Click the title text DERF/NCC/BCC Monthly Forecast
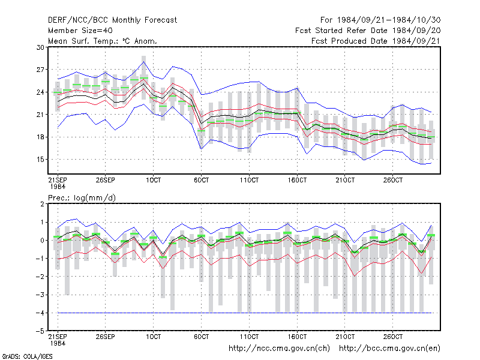pyautogui.click(x=112, y=20)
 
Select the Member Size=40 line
pyautogui.click(x=80, y=31)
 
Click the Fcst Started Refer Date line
pyautogui.click(x=368, y=31)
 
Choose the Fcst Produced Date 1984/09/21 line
pyautogui.click(x=376, y=41)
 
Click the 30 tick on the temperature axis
pyautogui.click(x=40, y=47)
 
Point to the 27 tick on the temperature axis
pyautogui.click(x=40, y=70)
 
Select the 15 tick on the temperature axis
pyautogui.click(x=40, y=160)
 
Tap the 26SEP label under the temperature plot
pyautogui.click(x=106, y=180)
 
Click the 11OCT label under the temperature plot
pyautogui.click(x=249, y=180)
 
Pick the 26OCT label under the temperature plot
pyautogui.click(x=393, y=180)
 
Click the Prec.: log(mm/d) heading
pyautogui.click(x=82, y=198)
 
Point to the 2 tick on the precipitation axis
pyautogui.click(x=42, y=204)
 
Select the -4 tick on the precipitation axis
pyautogui.click(x=40, y=313)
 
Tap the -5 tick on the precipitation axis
pyautogui.click(x=40, y=331)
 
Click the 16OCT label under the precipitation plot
pyautogui.click(x=297, y=337)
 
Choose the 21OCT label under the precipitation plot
pyautogui.click(x=345, y=337)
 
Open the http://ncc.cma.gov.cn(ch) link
pyautogui.click(x=279, y=349)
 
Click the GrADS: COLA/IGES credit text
pyautogui.click(x=27, y=356)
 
